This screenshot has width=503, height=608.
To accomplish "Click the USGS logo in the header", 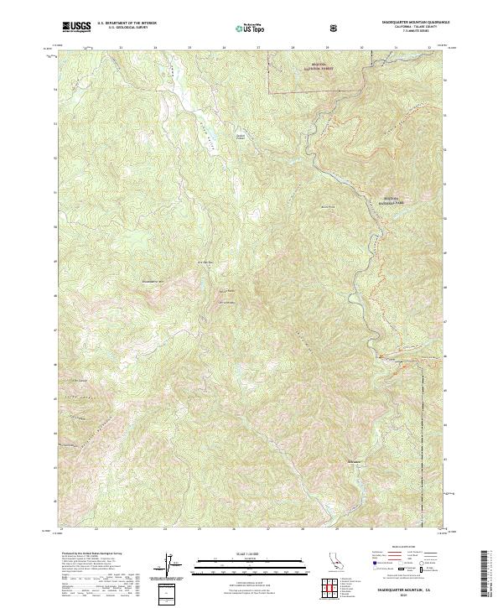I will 77,28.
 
